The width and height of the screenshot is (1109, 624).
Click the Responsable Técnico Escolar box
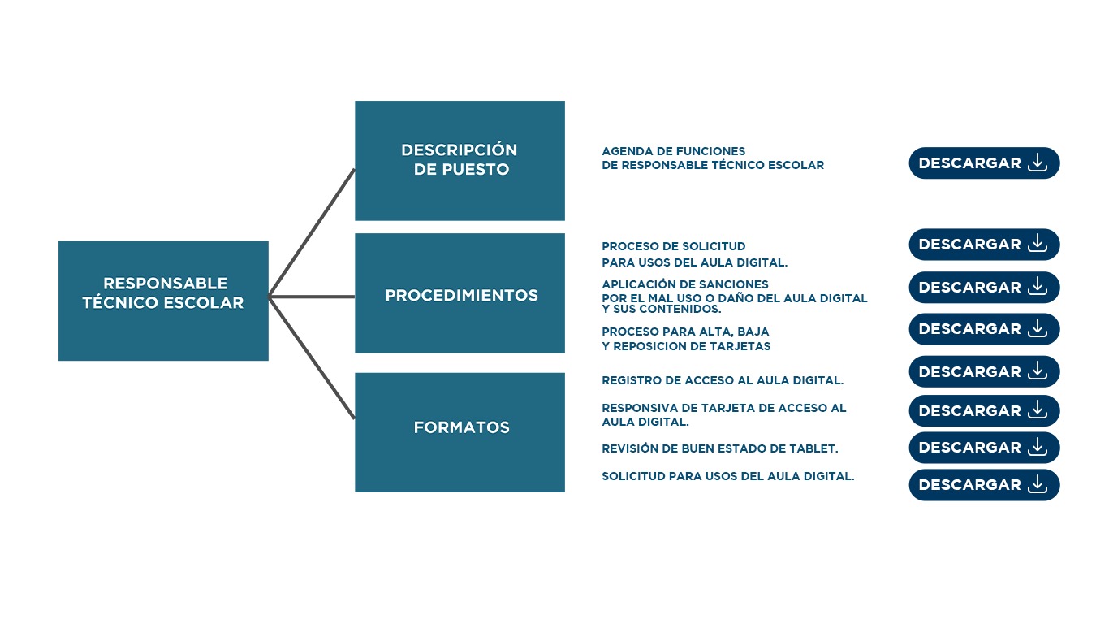[x=163, y=301]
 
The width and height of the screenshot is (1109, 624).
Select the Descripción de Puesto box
[x=460, y=160]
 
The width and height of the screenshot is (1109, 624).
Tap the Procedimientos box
[x=460, y=293]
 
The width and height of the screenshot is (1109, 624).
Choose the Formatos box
[x=460, y=431]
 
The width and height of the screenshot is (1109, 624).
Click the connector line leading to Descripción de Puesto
[x=312, y=232]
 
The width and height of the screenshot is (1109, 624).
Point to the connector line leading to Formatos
[x=312, y=358]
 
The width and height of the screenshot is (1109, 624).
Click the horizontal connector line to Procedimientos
[x=312, y=297]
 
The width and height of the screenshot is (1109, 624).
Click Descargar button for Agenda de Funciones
[x=983, y=163]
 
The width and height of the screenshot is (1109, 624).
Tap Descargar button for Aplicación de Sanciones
[x=983, y=288]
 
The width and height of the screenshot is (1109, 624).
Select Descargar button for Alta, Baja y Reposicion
[x=983, y=329]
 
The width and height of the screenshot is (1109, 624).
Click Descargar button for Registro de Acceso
[x=983, y=371]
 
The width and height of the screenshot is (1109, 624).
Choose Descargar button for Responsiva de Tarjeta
[x=983, y=411]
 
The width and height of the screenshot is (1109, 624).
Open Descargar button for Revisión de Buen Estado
[x=983, y=448]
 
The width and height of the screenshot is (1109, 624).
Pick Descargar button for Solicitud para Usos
[x=983, y=485]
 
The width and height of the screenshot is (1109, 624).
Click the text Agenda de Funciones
[x=673, y=151]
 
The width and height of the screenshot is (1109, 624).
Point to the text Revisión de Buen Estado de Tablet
[x=719, y=448]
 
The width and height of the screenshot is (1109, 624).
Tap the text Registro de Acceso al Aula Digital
[x=722, y=380]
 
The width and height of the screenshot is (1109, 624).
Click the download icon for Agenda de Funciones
[x=1038, y=162]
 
